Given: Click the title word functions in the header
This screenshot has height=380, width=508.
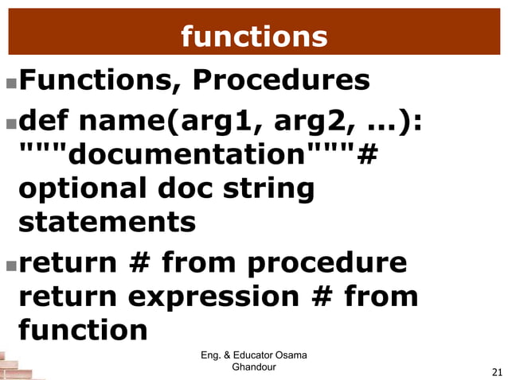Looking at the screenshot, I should [253, 36].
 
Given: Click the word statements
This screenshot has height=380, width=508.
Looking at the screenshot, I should [107, 222].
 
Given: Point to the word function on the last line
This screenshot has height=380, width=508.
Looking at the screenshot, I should [83, 328].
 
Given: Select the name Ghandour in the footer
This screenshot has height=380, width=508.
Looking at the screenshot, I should [253, 367].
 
